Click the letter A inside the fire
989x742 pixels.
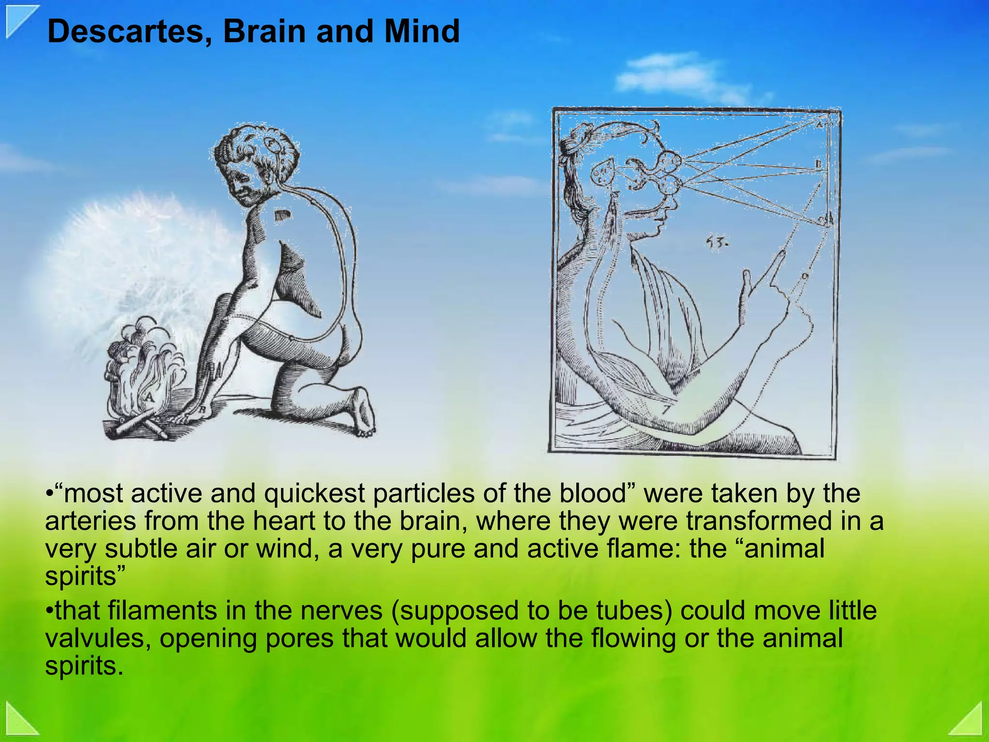[x=149, y=397]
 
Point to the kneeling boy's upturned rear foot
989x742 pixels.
[x=363, y=411]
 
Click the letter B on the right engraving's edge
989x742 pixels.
[x=818, y=165]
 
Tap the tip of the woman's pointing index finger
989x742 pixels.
[x=782, y=253]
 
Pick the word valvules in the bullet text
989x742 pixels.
[x=99, y=638]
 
